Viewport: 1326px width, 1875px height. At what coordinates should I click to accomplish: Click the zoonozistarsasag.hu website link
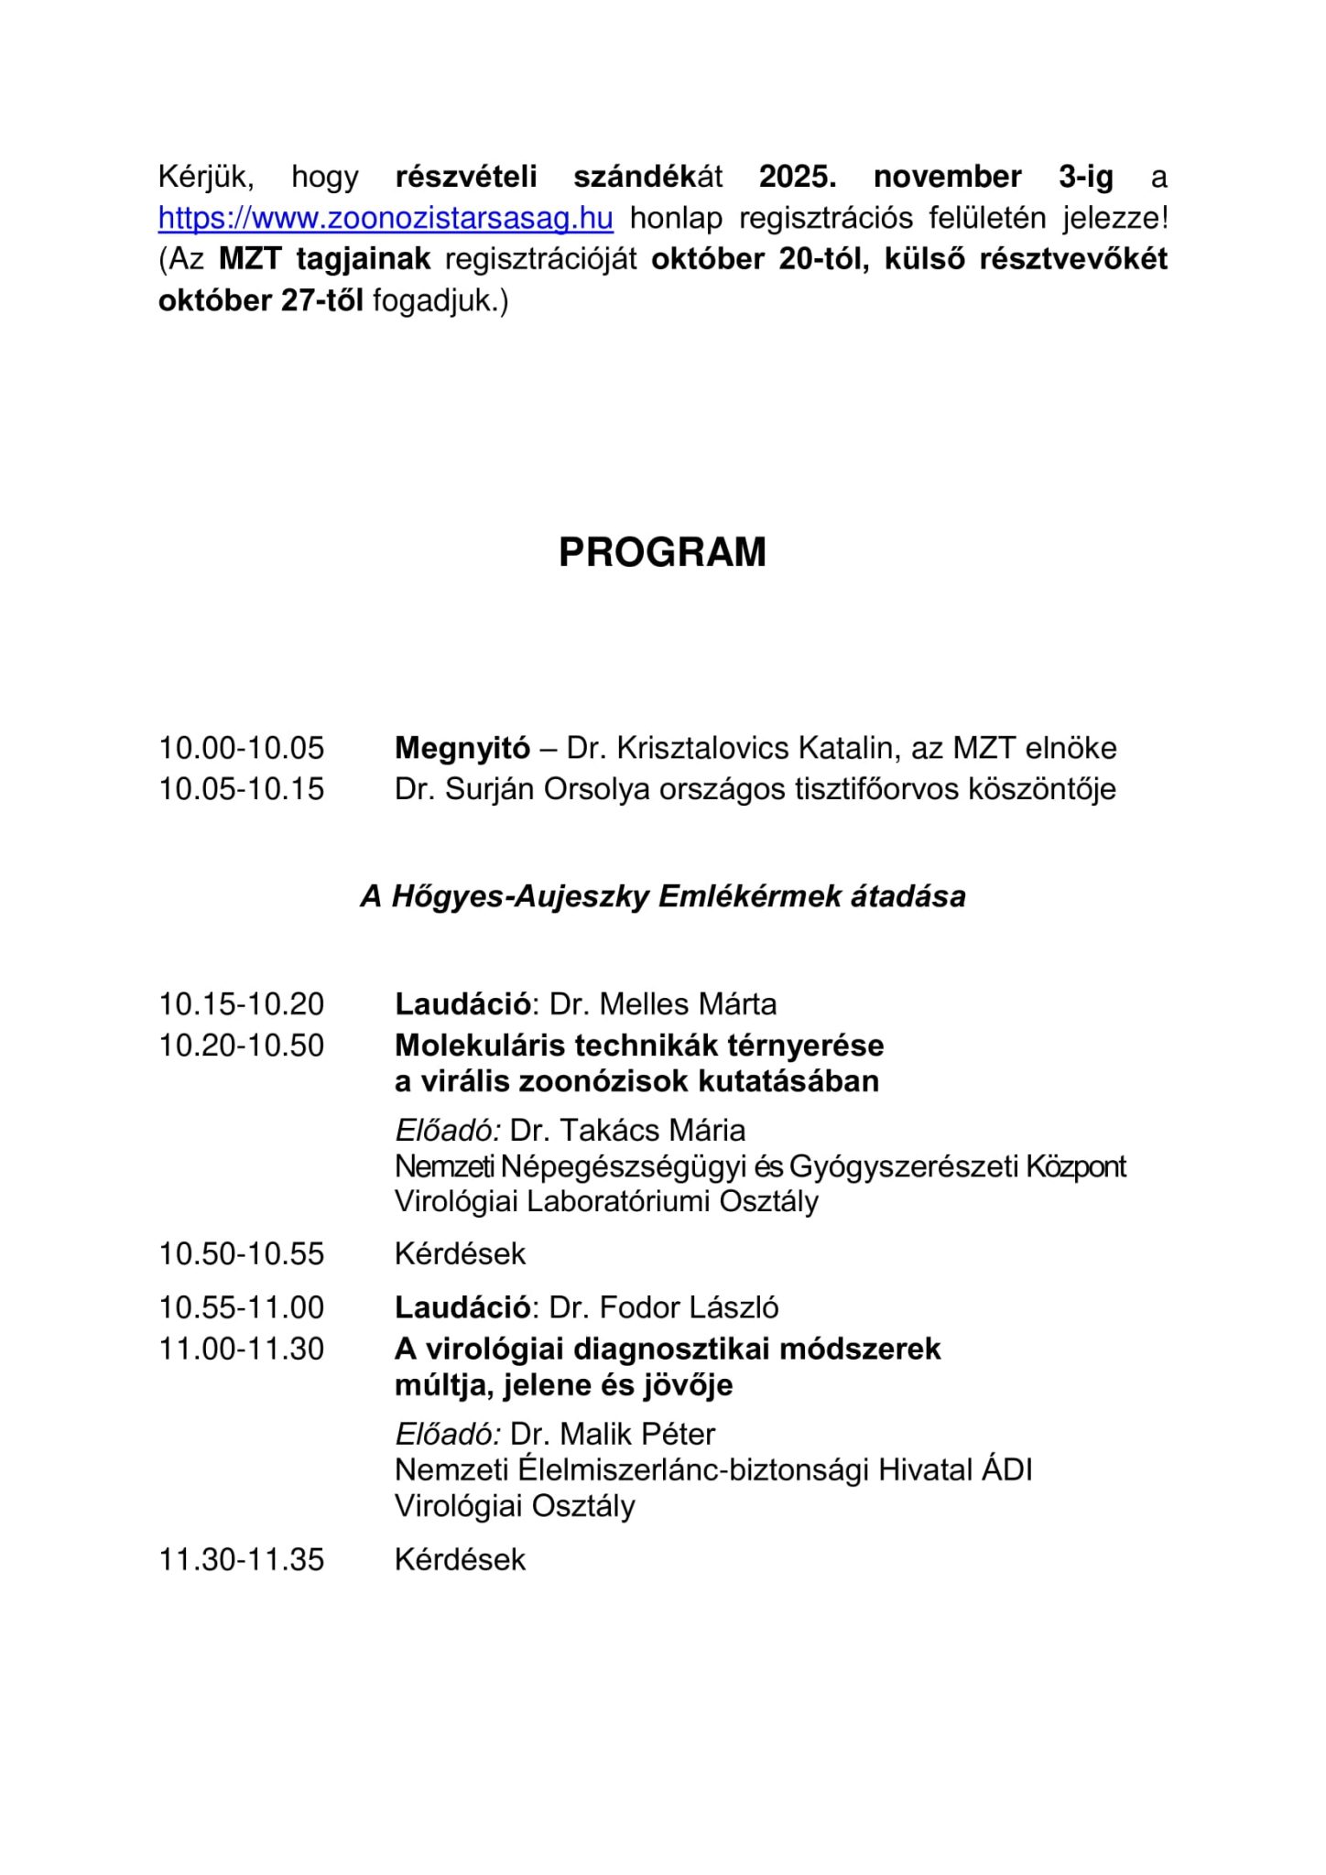click(x=386, y=219)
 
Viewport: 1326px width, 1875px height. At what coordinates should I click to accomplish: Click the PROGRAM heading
click(x=662, y=553)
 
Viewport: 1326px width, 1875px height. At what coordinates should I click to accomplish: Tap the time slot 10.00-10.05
click(x=242, y=748)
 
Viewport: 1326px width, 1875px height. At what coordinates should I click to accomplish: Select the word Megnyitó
click(x=462, y=748)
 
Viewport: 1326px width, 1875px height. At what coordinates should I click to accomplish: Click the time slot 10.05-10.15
click(x=242, y=789)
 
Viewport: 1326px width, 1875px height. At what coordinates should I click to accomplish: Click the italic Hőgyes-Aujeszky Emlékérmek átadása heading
click(x=662, y=896)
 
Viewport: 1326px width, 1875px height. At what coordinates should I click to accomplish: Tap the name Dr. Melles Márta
click(x=663, y=1004)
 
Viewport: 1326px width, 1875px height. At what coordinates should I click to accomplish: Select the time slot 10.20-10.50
click(x=242, y=1046)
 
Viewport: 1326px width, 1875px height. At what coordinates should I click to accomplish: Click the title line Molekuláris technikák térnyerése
click(x=639, y=1046)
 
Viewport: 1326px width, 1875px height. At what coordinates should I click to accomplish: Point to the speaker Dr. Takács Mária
click(x=627, y=1131)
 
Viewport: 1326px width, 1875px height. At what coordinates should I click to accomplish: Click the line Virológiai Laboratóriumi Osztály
click(x=606, y=1202)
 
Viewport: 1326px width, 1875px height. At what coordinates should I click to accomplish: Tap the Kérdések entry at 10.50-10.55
click(x=460, y=1253)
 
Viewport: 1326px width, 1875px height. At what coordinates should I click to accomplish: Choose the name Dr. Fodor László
click(x=664, y=1307)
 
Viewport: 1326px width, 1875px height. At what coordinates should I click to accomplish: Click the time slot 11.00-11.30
click(x=242, y=1349)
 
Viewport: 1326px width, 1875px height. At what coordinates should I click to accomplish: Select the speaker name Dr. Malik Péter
click(x=613, y=1434)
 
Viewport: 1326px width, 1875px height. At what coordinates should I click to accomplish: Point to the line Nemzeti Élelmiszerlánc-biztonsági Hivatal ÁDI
click(x=713, y=1470)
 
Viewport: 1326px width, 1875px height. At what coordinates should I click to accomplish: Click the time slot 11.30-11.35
click(x=242, y=1559)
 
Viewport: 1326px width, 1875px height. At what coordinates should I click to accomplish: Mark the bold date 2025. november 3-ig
click(x=936, y=177)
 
